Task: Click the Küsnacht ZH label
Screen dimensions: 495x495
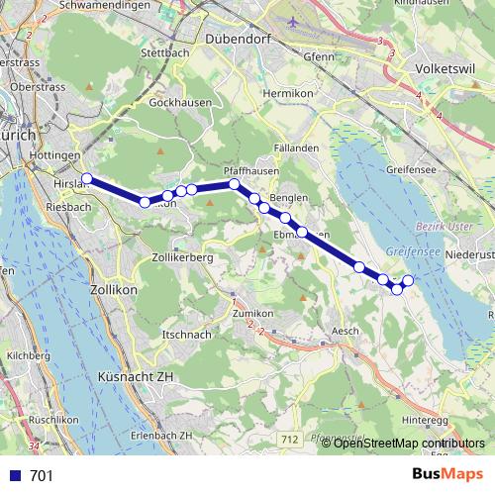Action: [136, 377]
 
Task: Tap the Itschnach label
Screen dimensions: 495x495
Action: [186, 335]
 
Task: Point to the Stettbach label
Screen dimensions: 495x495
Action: [165, 51]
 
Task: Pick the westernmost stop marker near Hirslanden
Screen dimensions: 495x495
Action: [87, 179]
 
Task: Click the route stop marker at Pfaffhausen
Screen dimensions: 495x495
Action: [234, 184]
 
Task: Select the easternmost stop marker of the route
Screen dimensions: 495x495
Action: [407, 281]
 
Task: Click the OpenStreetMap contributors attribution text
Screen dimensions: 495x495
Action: [409, 444]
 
